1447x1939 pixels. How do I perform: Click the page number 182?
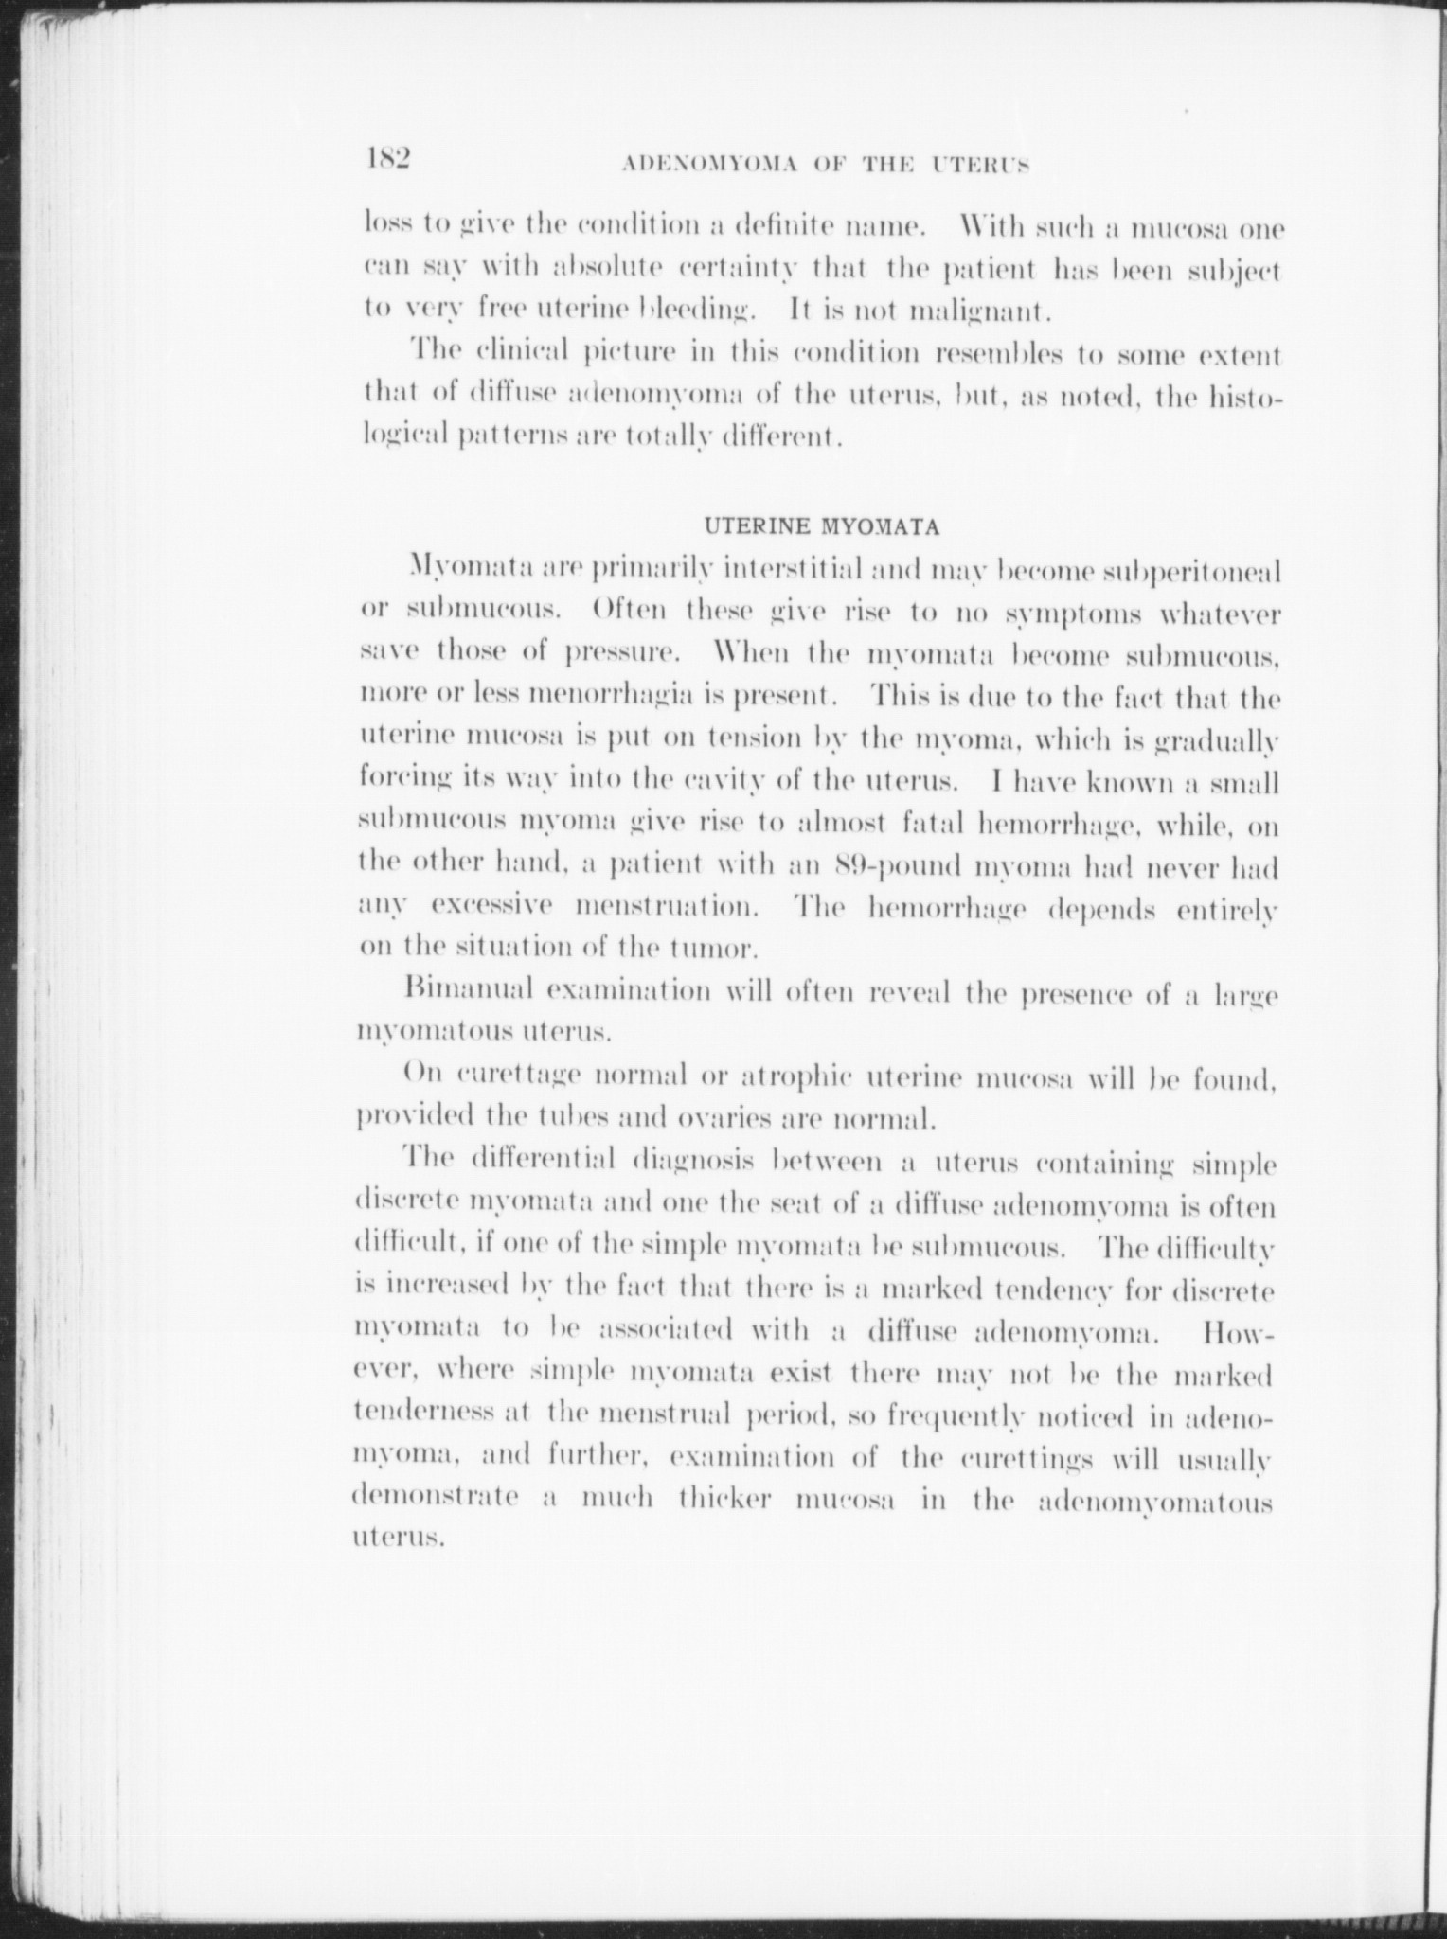click(x=386, y=158)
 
